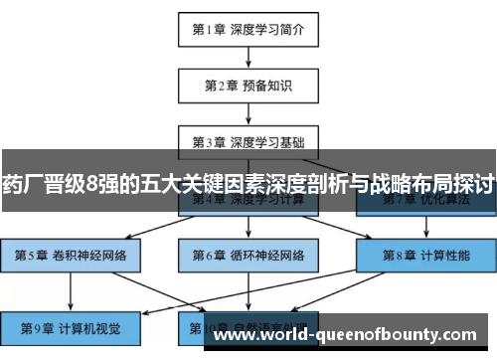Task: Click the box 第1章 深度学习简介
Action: coord(248,30)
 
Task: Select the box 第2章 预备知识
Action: coord(248,85)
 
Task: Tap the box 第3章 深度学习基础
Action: coord(248,140)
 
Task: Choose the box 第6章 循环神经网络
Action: coord(248,256)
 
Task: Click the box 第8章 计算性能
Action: coord(425,256)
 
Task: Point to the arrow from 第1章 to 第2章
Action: coord(248,57)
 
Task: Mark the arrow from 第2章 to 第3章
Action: coord(248,112)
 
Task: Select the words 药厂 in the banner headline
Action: coord(23,184)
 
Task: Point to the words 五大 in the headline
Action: coord(164,184)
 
